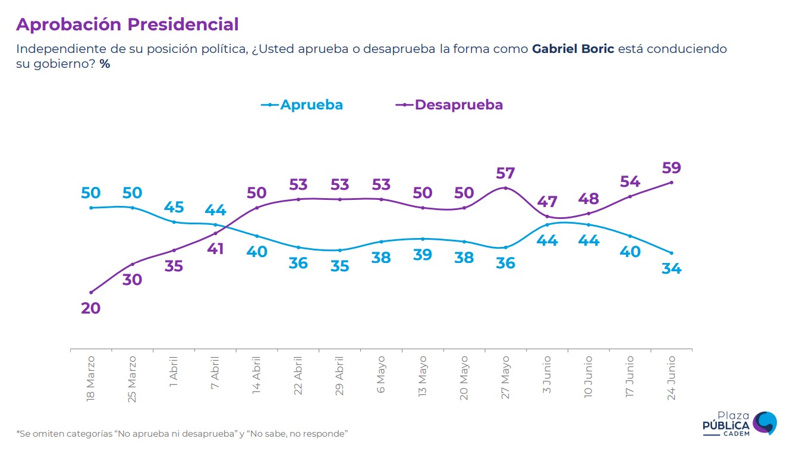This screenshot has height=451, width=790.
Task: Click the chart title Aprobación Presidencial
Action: (x=127, y=24)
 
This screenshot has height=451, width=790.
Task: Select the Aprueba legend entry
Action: (x=303, y=105)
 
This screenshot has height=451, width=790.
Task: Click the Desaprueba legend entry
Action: (x=449, y=105)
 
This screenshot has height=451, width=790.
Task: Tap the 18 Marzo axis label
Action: (x=91, y=379)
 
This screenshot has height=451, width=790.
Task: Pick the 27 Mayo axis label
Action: (x=505, y=378)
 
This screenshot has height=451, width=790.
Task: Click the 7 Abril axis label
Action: (x=215, y=372)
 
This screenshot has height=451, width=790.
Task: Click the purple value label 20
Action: (x=91, y=308)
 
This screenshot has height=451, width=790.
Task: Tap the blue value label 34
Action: (x=671, y=268)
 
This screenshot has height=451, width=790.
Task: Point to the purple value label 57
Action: (x=505, y=173)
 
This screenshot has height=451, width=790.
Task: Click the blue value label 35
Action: (x=339, y=266)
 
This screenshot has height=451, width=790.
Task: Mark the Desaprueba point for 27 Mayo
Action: (x=505, y=188)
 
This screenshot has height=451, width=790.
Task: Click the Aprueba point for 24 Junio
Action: (x=671, y=253)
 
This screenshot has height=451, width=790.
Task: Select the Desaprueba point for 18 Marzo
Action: (x=91, y=292)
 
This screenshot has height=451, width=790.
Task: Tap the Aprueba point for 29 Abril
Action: (x=339, y=250)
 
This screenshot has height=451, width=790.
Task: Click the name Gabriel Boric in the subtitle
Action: (x=573, y=49)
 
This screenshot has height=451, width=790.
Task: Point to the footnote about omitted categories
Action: (x=181, y=434)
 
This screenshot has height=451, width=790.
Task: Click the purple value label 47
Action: (x=547, y=201)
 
